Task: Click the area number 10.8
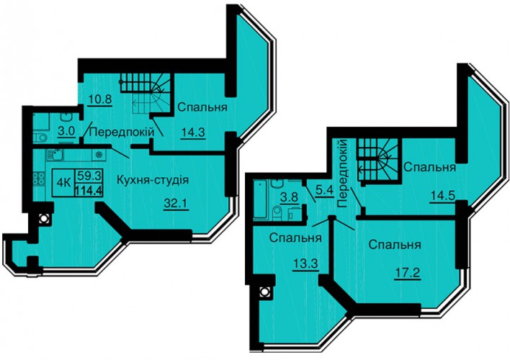100,99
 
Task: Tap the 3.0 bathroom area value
67,131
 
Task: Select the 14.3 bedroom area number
193,133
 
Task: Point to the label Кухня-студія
153,179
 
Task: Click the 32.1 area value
176,204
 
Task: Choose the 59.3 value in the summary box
89,176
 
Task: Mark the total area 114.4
89,189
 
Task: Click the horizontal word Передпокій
121,132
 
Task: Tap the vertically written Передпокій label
342,174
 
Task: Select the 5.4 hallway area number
325,190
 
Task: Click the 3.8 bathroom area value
290,197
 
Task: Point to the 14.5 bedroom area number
442,197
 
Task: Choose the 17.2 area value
408,274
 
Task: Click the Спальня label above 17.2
395,245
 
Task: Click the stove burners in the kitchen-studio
39,179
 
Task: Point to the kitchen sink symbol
55,155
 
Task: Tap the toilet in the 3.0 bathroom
40,138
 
